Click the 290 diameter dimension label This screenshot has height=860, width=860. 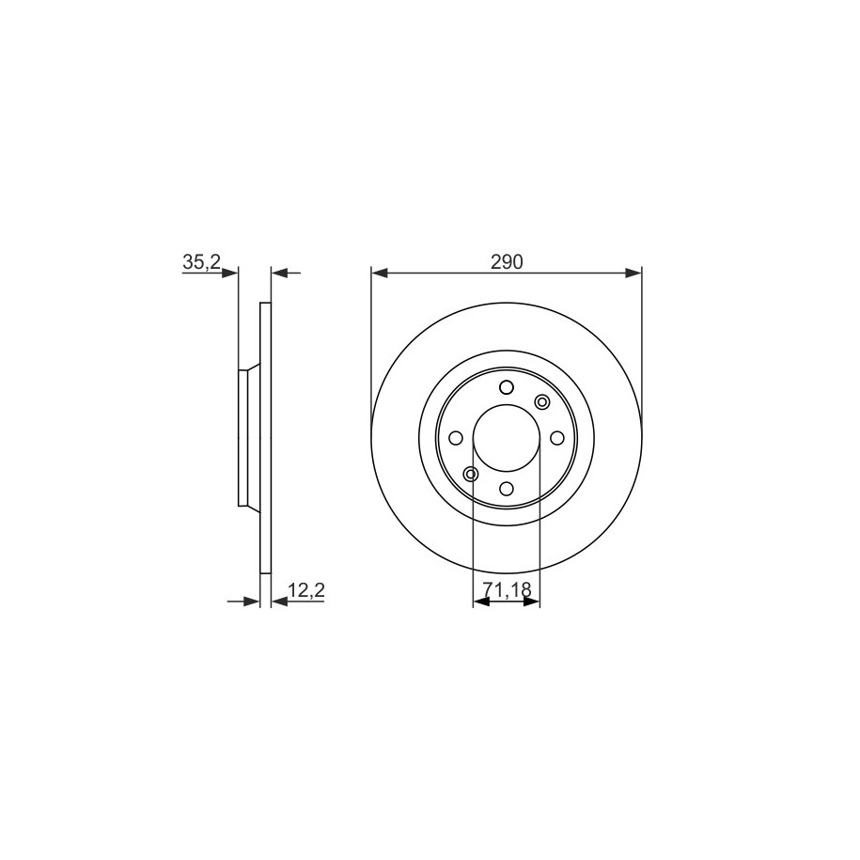507,263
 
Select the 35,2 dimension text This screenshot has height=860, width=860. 201,262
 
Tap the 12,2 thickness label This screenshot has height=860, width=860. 307,590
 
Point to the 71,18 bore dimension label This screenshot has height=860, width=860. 508,589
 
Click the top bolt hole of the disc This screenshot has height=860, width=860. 507,388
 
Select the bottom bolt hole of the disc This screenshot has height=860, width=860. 507,488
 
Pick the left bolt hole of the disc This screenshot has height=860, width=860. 456,438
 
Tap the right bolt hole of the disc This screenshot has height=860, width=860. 556,438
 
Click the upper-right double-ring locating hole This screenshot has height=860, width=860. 542,402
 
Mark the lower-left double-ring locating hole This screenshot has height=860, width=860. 471,474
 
